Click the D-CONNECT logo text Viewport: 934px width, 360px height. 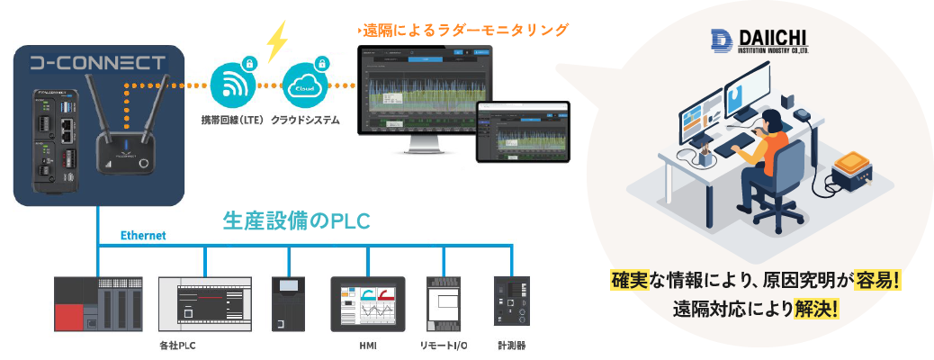97,64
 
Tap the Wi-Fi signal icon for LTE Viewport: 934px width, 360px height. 232,86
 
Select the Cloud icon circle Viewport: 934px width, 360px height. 303,86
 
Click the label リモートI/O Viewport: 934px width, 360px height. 443,346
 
